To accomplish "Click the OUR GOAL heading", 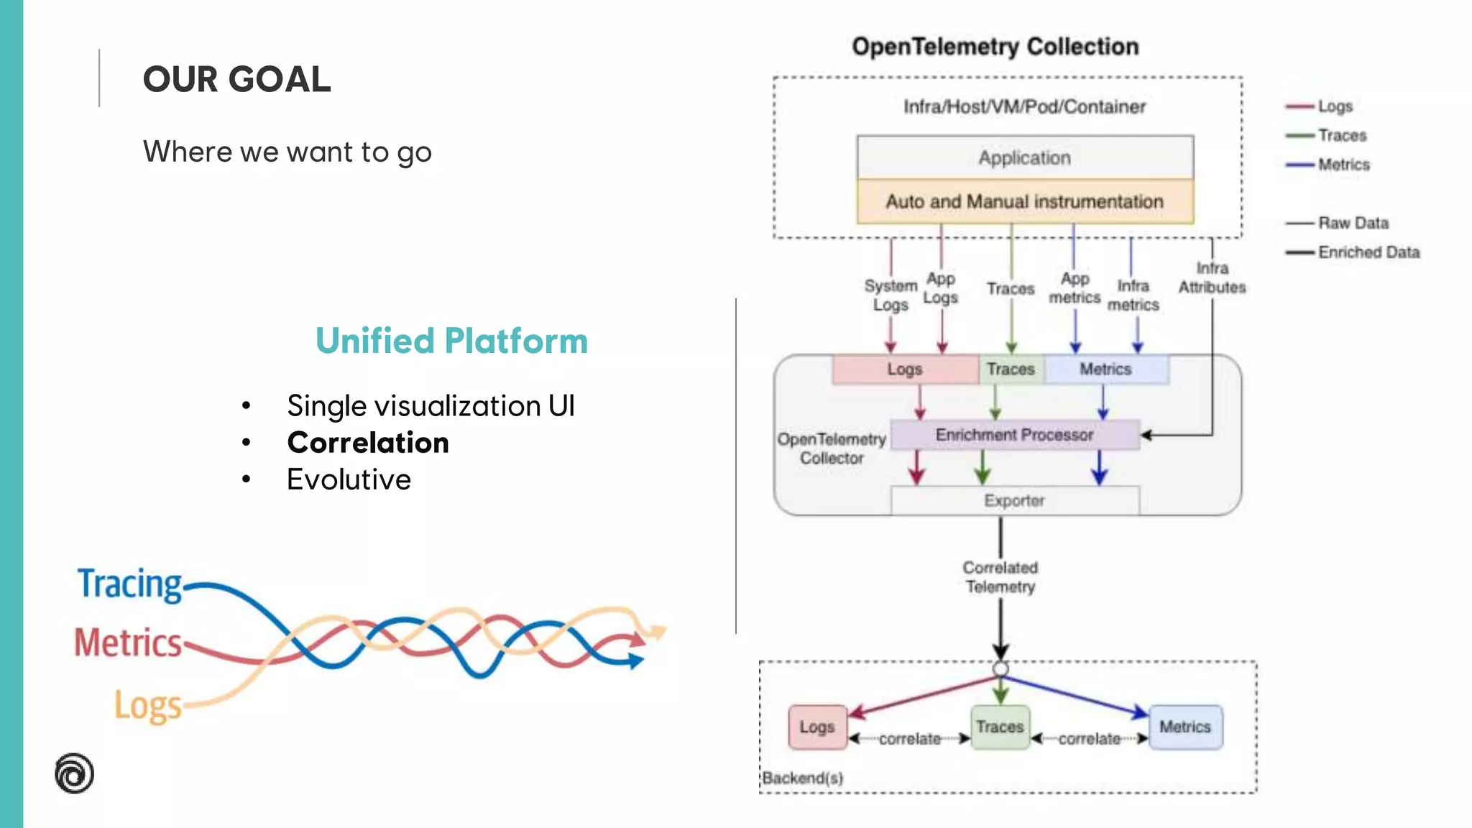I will [x=236, y=79].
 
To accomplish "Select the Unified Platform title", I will [x=451, y=341].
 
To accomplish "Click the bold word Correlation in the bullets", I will [x=368, y=443].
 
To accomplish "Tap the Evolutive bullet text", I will [x=349, y=479].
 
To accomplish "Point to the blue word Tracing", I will [x=130, y=584].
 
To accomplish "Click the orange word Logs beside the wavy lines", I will [x=148, y=706].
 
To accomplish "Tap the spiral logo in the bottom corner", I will [x=74, y=773].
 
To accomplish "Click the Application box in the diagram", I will [x=1025, y=157].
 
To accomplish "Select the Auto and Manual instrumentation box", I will [x=1025, y=202].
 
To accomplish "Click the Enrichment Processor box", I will [x=1014, y=435].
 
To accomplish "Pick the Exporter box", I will [x=1014, y=500].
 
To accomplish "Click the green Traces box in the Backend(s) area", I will [x=1000, y=727].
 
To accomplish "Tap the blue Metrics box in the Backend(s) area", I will [x=1185, y=727].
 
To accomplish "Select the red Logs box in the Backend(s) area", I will [x=817, y=727].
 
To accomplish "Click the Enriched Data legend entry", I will [x=1368, y=252].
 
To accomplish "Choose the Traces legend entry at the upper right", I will [x=1341, y=135].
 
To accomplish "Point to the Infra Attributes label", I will [x=1212, y=277].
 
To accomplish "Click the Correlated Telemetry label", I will [x=1000, y=577].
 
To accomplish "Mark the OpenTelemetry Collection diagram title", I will [x=995, y=47].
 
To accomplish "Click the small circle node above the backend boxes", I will [x=1000, y=669].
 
